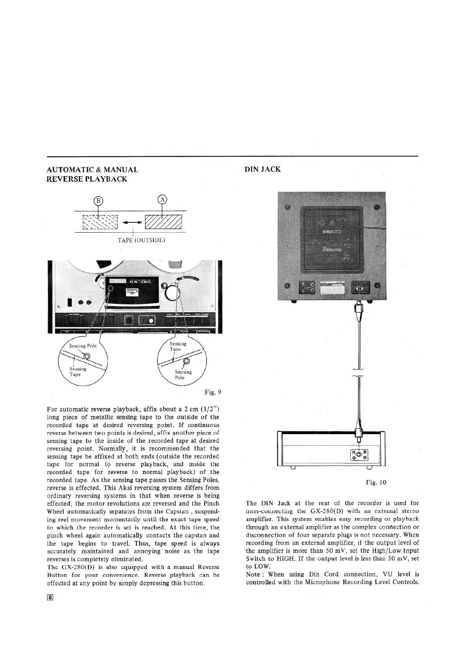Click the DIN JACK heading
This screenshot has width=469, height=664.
[x=262, y=170]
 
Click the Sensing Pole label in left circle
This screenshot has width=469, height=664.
[x=83, y=346]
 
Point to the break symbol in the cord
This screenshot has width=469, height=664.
[x=359, y=372]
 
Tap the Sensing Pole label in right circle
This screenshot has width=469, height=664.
[x=183, y=375]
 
